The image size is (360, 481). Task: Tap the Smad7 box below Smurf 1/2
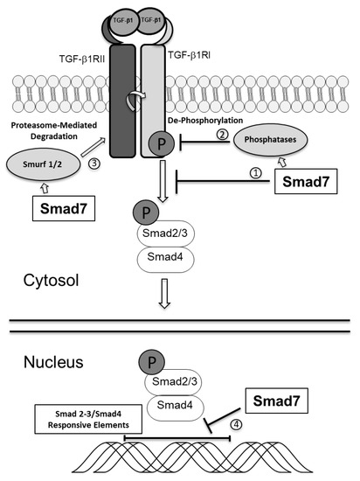(63, 211)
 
